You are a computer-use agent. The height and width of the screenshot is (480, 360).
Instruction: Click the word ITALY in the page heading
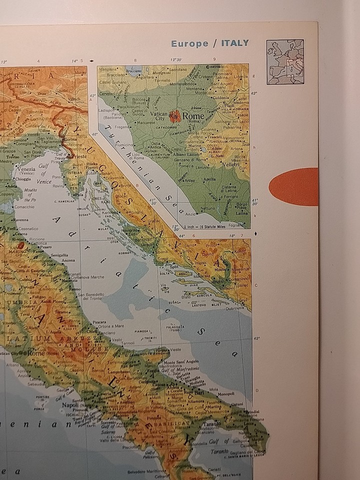[229, 43]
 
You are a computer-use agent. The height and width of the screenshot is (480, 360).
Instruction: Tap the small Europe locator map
[285, 62]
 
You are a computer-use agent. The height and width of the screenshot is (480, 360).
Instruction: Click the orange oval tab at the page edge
[294, 186]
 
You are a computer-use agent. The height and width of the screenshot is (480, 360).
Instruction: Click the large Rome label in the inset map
[193, 116]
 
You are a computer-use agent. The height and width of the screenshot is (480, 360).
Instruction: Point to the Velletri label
[230, 164]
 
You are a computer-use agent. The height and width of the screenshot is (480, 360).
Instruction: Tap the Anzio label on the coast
[190, 213]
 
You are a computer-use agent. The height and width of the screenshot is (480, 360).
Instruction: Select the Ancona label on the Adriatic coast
[68, 260]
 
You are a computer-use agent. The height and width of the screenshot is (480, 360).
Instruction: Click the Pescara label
[99, 322]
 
